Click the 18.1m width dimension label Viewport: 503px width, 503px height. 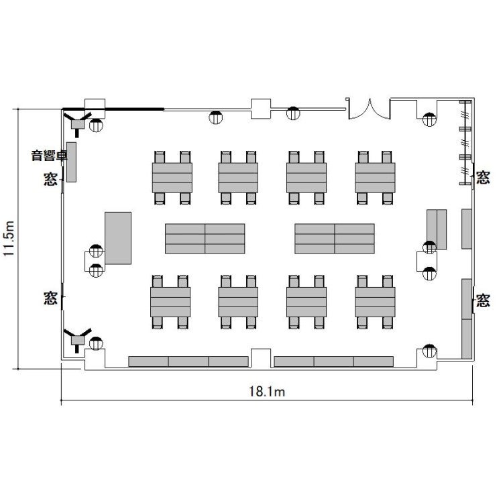[x=267, y=392]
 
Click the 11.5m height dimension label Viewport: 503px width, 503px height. [x=9, y=238]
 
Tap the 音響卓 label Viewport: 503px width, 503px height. [x=49, y=156]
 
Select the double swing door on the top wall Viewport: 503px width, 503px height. [x=370, y=109]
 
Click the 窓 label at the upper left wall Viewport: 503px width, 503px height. [x=50, y=179]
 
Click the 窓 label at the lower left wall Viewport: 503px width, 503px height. [x=50, y=298]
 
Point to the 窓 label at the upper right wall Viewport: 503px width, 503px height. [x=483, y=178]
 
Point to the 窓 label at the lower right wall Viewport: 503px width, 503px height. [x=483, y=300]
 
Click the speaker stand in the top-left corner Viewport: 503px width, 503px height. [x=77, y=122]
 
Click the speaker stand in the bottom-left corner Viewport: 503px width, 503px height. [x=77, y=339]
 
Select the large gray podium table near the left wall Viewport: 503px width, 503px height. [x=118, y=238]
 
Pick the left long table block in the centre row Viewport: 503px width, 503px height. [x=205, y=239]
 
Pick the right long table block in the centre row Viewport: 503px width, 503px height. [x=335, y=239]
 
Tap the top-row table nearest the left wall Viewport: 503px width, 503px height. [x=172, y=178]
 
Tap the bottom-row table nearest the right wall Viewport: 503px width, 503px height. [x=375, y=302]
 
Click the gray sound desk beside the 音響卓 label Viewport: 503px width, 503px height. [x=71, y=162]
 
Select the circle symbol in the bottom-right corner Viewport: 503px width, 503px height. [x=429, y=351]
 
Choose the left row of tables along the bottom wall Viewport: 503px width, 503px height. [x=188, y=361]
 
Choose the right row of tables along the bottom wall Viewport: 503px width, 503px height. [x=334, y=361]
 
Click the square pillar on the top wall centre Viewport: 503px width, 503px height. [x=261, y=109]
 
